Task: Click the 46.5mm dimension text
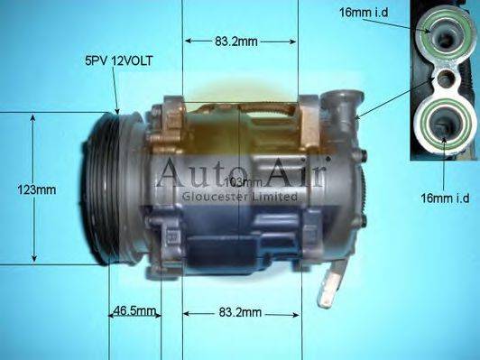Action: (134, 312)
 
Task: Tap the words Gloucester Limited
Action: (240, 196)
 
